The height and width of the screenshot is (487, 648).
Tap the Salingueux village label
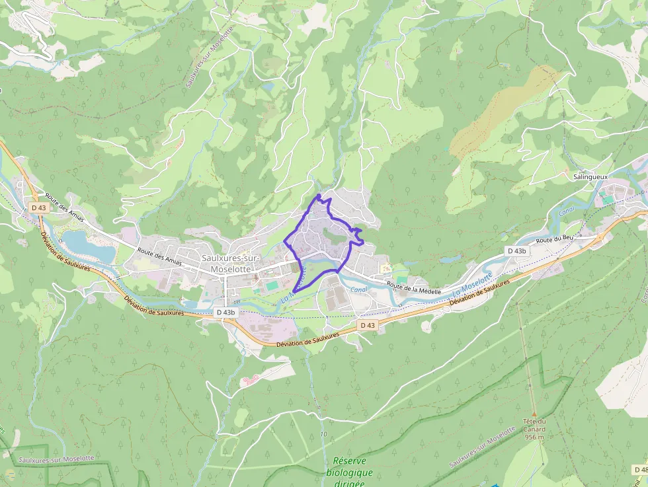click(x=590, y=177)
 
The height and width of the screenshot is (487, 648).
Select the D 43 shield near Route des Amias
click(x=38, y=207)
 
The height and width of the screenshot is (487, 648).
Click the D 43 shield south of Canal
click(x=368, y=325)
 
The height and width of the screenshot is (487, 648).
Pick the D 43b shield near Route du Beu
click(x=516, y=251)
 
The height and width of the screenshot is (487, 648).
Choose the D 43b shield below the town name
click(x=225, y=311)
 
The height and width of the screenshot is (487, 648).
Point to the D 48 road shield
click(x=641, y=470)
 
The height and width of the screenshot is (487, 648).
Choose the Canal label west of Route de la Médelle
click(x=358, y=289)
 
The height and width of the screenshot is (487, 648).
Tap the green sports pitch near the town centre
click(x=272, y=285)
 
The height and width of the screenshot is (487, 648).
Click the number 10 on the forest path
click(x=323, y=434)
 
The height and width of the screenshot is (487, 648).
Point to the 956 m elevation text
click(x=534, y=437)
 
